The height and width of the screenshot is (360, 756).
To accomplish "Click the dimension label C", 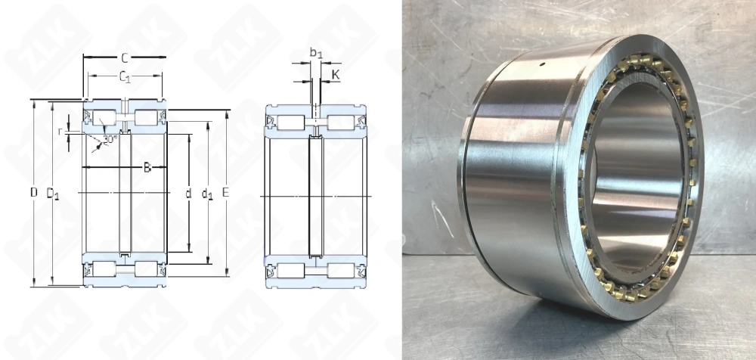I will click(124, 57).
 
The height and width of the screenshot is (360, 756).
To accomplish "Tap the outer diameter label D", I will click(34, 193).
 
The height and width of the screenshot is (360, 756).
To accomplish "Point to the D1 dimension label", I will click(53, 194).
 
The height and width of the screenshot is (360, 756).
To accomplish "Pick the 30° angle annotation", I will click(110, 139).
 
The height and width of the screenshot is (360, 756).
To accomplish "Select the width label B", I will click(147, 167).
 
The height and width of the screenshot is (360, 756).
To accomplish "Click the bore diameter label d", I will click(188, 193).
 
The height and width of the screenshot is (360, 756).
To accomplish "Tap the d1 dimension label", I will click(207, 194).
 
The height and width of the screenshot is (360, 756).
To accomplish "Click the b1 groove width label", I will click(317, 52).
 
